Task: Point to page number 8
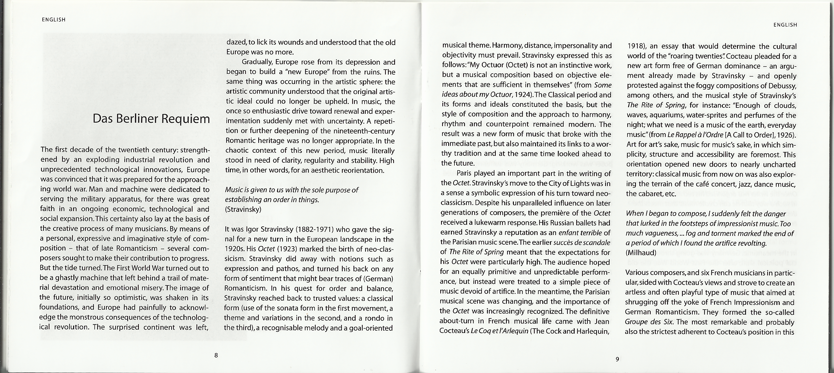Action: pyautogui.click(x=216, y=355)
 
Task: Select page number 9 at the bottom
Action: pyautogui.click(x=617, y=359)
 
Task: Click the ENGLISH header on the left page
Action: pyautogui.click(x=54, y=20)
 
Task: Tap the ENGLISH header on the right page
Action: pyautogui.click(x=785, y=25)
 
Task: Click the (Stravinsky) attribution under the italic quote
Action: pyautogui.click(x=243, y=209)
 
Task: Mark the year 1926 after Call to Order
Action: pyautogui.click(x=782, y=135)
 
